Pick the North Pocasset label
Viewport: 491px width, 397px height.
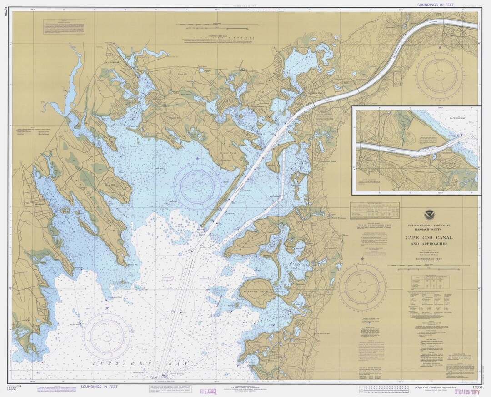tap(339, 218)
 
